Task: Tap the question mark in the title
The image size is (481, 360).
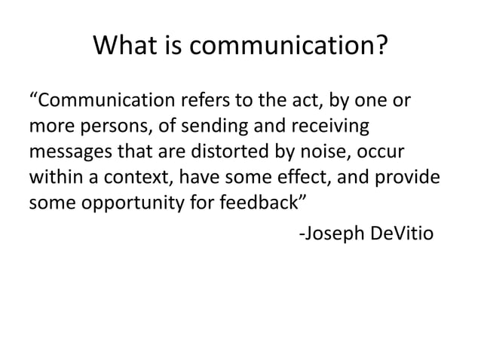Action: point(383,49)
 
